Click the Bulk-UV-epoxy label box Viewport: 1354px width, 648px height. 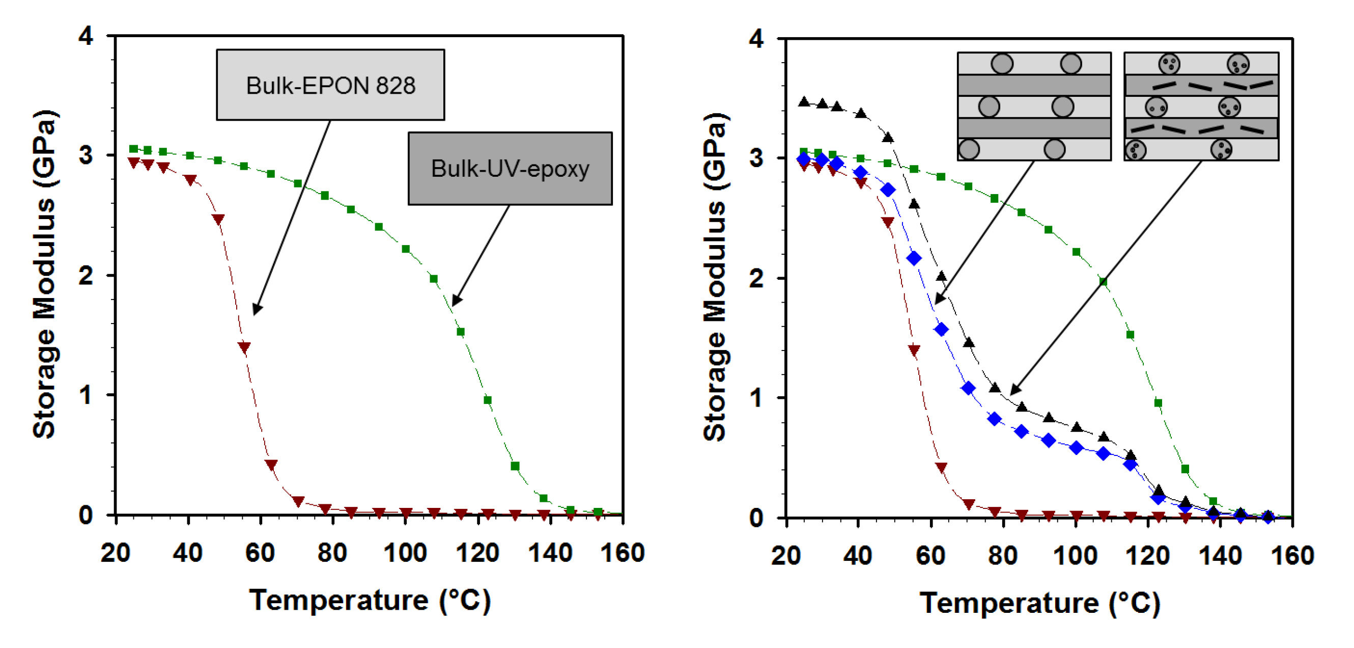(510, 168)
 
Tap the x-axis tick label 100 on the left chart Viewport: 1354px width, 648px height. (405, 553)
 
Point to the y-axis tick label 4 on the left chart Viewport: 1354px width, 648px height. (86, 37)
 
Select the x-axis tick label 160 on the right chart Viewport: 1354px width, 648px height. (1292, 556)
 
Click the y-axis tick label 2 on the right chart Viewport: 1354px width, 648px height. (756, 278)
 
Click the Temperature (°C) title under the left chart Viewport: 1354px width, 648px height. (370, 600)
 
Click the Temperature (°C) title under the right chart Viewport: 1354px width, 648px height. (1039, 603)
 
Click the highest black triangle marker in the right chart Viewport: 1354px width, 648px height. (804, 102)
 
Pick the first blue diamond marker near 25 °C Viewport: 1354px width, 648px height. (804, 159)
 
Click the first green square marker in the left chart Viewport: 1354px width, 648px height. (133, 149)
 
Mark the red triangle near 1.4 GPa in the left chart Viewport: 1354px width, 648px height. (244, 347)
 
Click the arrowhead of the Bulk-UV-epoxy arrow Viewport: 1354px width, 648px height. (455, 302)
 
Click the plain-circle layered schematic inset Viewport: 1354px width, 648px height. (1034, 106)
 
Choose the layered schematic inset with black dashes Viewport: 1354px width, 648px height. (1201, 106)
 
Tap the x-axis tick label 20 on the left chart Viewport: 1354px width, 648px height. (116, 553)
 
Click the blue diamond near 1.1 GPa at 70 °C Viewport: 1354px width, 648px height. (968, 388)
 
